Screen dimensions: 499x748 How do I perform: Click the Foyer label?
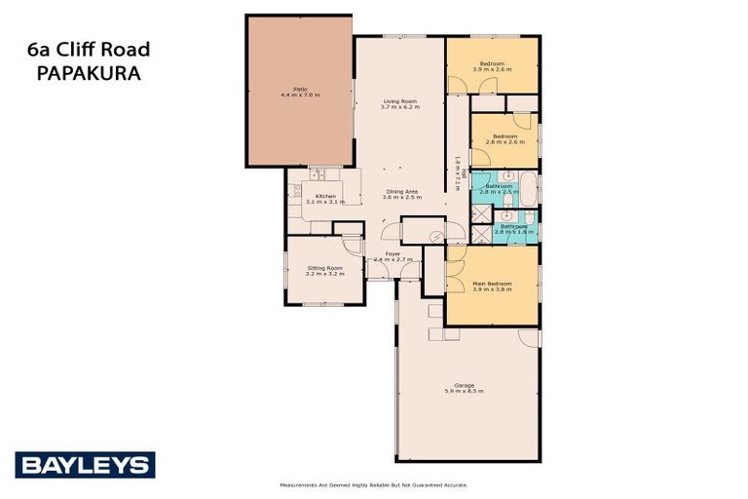(x=393, y=256)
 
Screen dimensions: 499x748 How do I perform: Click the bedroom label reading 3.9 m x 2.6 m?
(x=491, y=69)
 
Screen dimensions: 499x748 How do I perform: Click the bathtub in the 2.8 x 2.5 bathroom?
(x=527, y=187)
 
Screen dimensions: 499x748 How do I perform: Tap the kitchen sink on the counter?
(x=318, y=175)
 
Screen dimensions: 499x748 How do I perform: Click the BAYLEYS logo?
(x=85, y=464)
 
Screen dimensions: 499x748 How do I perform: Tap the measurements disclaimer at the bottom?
(x=373, y=484)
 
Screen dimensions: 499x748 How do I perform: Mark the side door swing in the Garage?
(x=529, y=337)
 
